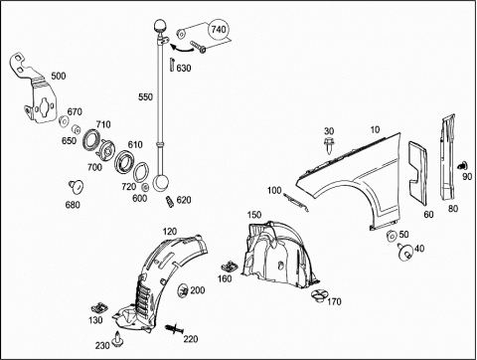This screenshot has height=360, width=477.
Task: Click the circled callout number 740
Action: (x=219, y=30)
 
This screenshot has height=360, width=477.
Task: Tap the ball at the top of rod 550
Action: (x=160, y=26)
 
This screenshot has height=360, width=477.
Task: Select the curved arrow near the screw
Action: (x=181, y=49)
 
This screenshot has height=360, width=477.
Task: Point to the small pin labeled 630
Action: (x=172, y=64)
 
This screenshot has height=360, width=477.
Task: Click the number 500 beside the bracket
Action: (x=59, y=76)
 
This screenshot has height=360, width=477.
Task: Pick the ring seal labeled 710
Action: (x=90, y=140)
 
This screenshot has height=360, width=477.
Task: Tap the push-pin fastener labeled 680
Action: (x=77, y=187)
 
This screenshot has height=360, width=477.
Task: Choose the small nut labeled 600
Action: (x=145, y=188)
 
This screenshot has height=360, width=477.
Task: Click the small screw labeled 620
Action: (x=169, y=202)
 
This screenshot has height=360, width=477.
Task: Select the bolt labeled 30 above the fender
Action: (x=329, y=145)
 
